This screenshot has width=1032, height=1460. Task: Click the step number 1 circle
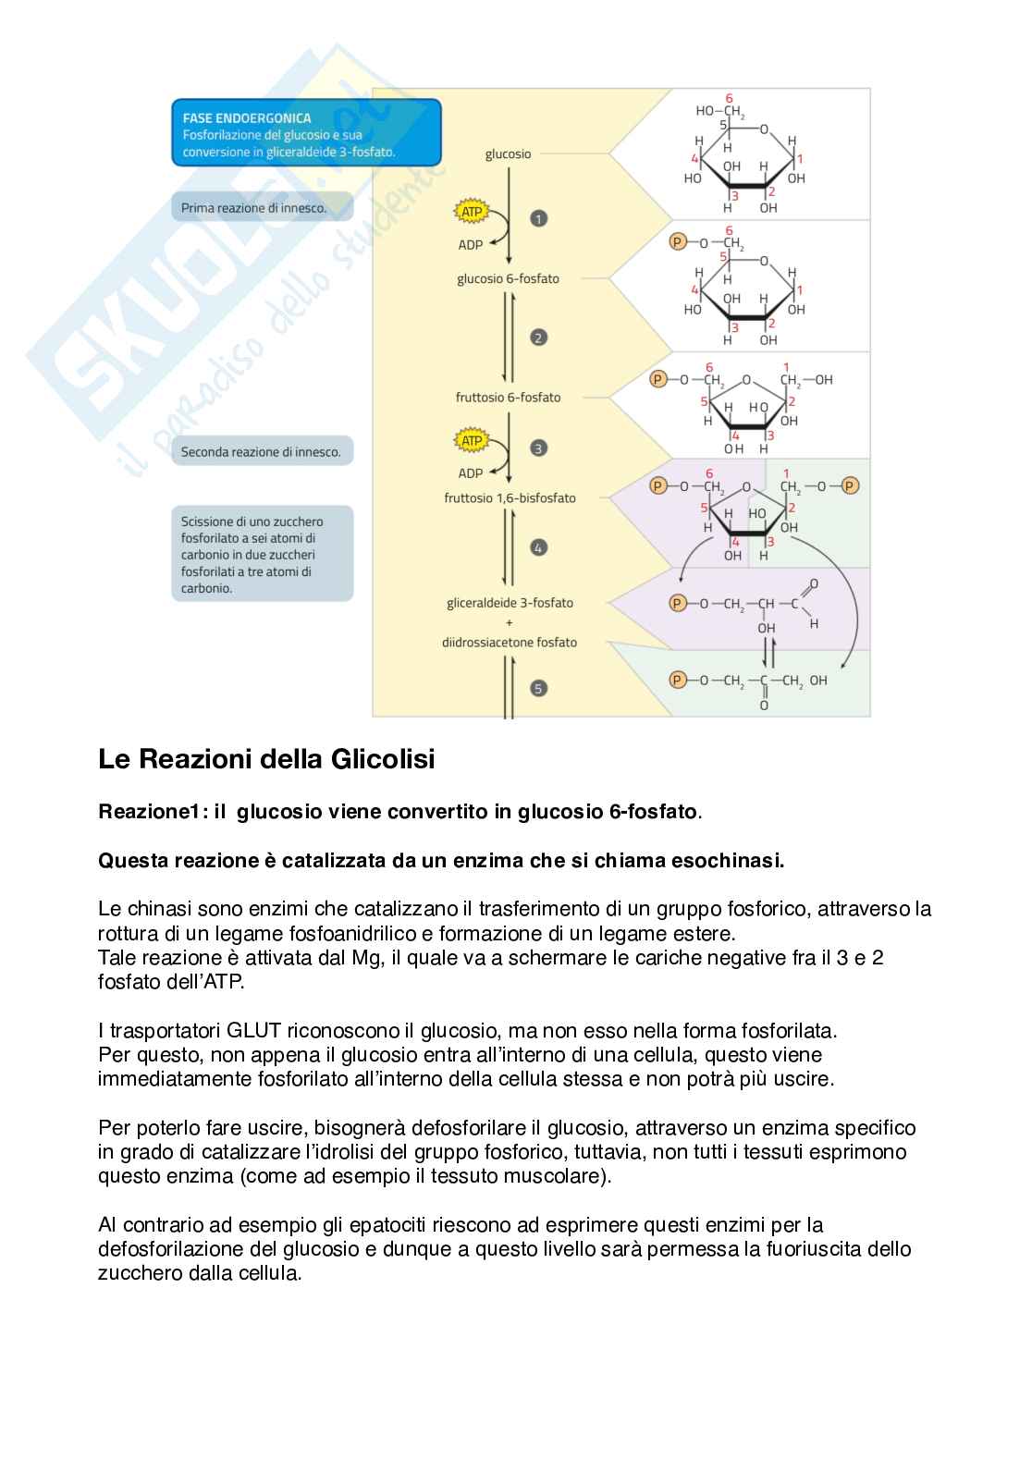[538, 218]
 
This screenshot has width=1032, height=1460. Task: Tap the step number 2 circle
[538, 337]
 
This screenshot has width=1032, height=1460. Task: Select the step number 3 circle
[538, 448]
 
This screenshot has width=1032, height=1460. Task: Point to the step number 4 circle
[538, 547]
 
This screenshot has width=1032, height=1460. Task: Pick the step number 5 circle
[538, 688]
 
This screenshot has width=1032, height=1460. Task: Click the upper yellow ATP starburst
[472, 212]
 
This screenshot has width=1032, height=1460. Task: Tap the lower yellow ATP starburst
[472, 441]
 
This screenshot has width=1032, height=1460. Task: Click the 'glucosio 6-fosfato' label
[508, 278]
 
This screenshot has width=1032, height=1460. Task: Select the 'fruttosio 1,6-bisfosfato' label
[510, 497]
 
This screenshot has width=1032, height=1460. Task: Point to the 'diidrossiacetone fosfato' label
[509, 642]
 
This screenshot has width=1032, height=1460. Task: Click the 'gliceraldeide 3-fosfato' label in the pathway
[510, 603]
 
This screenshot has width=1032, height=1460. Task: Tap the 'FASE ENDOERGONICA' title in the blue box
[247, 118]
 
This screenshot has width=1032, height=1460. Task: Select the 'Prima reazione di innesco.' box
[262, 208]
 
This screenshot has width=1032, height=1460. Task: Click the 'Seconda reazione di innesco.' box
[262, 452]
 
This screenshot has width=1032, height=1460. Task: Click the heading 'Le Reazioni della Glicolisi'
[266, 759]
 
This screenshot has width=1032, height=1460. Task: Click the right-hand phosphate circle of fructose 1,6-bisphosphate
[850, 485]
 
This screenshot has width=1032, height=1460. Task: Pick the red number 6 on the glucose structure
[729, 98]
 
